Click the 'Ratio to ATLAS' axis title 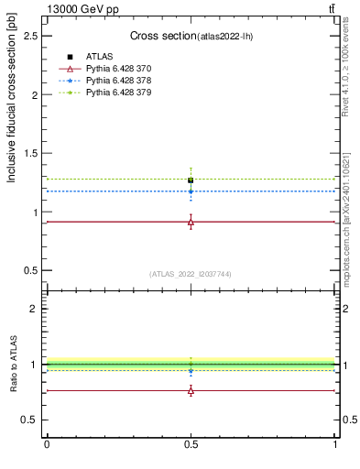click(14, 365)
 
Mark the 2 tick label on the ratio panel click(37, 309)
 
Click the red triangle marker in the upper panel click(191, 223)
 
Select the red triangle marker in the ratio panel click(191, 390)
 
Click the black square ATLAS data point click(191, 180)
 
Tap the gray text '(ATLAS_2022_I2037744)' click(190, 274)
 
